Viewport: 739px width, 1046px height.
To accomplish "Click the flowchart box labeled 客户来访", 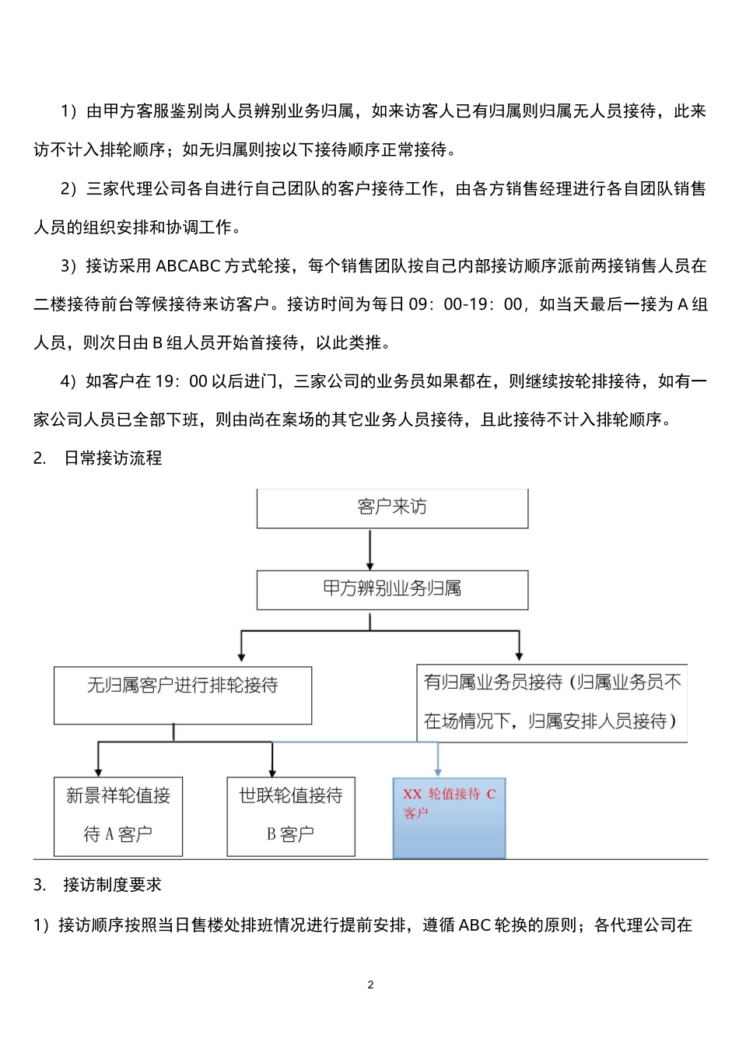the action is tap(392, 507).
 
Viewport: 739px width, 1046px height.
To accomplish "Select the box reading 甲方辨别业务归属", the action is tap(392, 589).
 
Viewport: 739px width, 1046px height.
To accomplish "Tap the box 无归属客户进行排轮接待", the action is tap(182, 694).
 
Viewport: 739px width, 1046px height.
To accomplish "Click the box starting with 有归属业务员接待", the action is tap(552, 702).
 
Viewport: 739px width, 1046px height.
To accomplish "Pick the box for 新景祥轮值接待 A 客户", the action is tap(118, 816).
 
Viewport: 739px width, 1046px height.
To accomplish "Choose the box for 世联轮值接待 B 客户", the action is tap(290, 816).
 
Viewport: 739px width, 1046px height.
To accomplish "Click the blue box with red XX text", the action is tap(449, 817).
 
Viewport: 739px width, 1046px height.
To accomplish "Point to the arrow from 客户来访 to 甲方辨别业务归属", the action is tap(370, 549).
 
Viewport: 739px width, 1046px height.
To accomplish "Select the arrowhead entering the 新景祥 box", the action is tap(98, 770).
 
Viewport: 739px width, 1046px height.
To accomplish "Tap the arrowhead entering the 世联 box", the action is tap(271, 770).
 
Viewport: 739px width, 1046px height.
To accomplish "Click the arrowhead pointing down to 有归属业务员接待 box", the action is tap(520, 656).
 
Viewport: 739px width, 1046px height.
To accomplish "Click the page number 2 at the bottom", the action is tap(370, 985).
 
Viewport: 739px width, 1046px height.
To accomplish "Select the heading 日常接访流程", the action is tap(113, 458).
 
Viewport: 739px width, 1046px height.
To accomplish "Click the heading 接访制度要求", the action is tap(113, 885).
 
